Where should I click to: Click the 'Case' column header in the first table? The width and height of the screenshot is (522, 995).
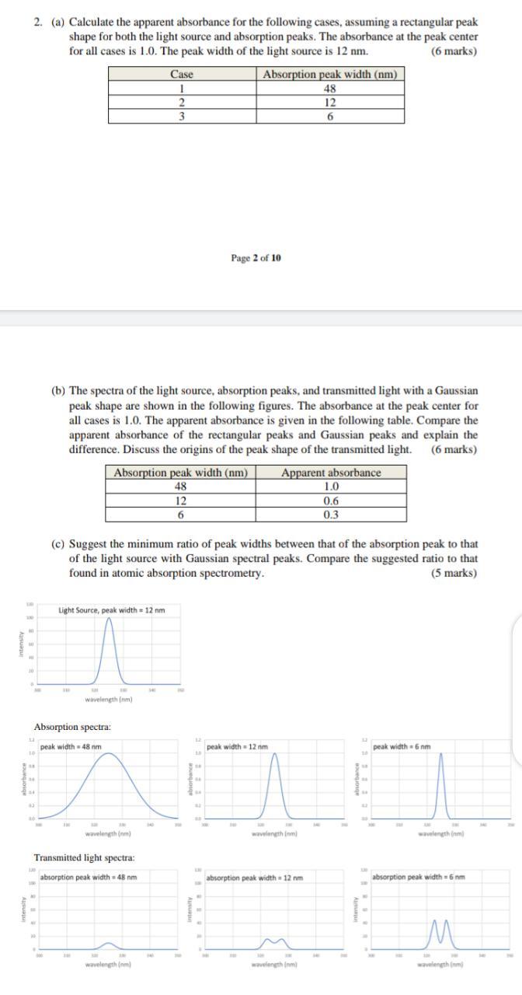181,75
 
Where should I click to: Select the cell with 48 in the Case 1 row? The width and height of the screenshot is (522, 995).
329,89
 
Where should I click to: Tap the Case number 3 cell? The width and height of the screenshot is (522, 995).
181,117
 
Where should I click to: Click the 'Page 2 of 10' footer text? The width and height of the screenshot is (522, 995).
256,258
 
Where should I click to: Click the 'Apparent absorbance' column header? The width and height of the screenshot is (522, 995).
331,473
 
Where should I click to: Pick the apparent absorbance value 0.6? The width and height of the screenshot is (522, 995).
331,501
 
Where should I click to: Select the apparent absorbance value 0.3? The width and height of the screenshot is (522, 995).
331,515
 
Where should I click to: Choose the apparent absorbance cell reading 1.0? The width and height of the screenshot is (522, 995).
331,487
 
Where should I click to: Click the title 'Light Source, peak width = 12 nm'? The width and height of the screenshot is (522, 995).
111,610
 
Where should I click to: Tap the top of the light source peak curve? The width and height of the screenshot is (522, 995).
109,620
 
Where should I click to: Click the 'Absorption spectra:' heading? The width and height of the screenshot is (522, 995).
72,727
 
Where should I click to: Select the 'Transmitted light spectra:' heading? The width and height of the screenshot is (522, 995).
84,857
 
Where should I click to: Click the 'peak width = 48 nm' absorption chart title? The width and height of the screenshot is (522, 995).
71,747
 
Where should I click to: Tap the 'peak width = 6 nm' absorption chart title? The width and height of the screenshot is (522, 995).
401,747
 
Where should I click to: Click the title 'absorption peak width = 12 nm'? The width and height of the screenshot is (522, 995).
254,878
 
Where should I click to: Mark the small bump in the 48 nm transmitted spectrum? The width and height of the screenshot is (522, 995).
109,944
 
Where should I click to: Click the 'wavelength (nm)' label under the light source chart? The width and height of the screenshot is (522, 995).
109,700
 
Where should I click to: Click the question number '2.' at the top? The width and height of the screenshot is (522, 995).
38,23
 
